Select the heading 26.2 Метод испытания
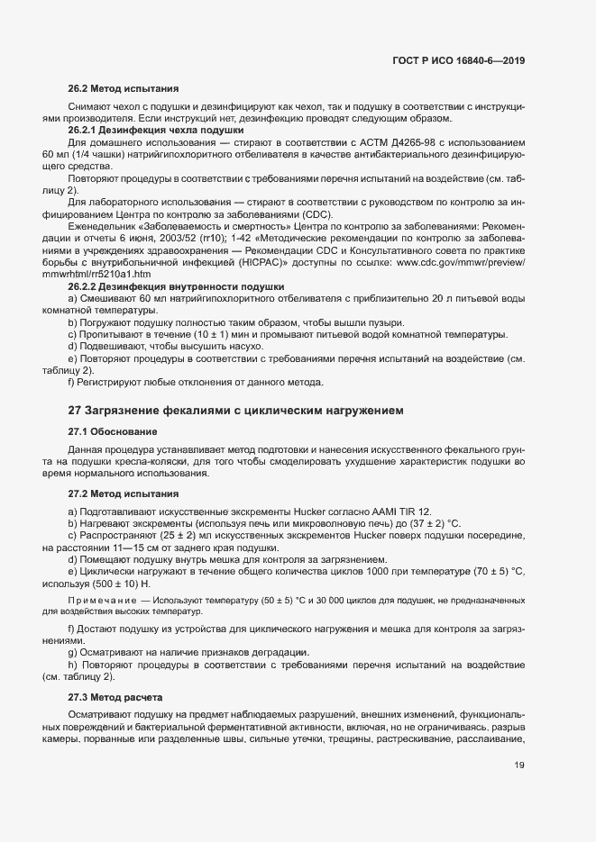coord(124,89)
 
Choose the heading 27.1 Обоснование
coord(113,432)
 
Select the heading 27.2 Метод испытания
coord(124,494)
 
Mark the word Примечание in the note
coord(101,600)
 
